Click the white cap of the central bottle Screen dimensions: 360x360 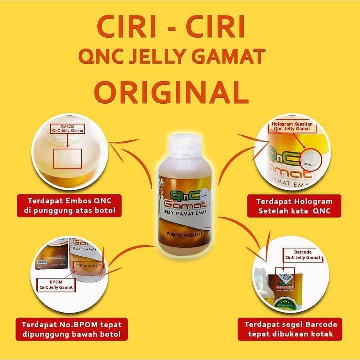click(185, 146)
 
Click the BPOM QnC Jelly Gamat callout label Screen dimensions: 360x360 click(56, 284)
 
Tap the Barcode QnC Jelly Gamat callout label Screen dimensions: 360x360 click(303, 255)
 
